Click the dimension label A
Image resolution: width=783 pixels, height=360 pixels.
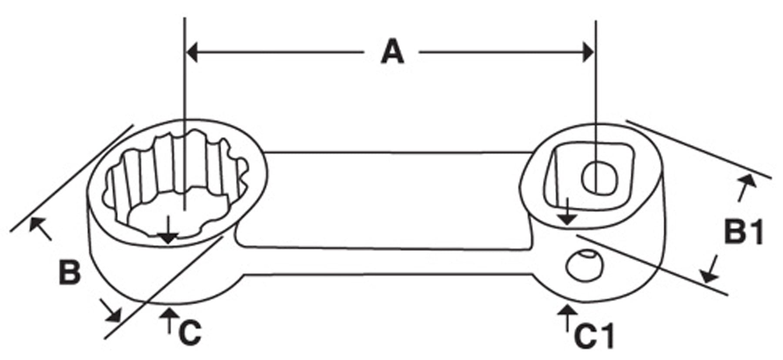point(392,52)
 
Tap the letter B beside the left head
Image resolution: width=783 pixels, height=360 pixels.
point(70,273)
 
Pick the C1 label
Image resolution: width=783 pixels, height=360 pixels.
point(594,336)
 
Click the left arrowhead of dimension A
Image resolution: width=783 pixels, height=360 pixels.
point(192,52)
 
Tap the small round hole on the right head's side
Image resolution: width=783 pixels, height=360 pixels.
point(585,264)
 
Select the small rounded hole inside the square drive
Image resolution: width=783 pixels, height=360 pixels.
point(600,177)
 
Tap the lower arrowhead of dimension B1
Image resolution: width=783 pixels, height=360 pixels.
point(708,275)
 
